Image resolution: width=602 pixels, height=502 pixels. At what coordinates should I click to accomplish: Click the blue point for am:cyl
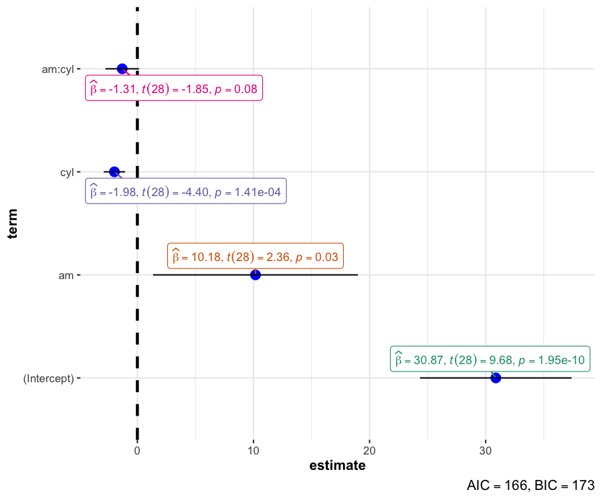coord(122,68)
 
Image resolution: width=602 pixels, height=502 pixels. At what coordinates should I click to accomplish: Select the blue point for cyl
coord(114,172)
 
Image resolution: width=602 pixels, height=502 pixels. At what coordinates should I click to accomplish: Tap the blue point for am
coord(255,274)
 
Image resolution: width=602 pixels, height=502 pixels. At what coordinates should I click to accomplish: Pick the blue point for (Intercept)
coord(496,378)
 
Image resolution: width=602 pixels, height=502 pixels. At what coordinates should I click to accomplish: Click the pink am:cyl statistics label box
coord(173,88)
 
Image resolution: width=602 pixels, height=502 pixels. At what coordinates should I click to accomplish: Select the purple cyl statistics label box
coord(186,192)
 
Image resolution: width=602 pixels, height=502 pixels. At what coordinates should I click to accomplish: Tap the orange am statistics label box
coord(255,256)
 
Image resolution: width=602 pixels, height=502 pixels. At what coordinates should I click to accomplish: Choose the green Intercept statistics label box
coord(490,360)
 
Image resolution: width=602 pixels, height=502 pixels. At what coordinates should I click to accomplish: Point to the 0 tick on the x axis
coord(137,450)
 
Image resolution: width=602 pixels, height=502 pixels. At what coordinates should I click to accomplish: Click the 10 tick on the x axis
coord(254,450)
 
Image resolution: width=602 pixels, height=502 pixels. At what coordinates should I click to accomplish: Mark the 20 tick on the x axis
coord(370,450)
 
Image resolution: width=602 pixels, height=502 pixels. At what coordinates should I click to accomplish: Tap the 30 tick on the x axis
coord(486,450)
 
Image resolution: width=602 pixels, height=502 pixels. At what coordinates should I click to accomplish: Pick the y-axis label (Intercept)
coord(49,378)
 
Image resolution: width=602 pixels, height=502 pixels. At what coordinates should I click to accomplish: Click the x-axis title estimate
coord(337,466)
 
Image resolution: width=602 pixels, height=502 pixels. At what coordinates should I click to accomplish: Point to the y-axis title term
coord(13,224)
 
